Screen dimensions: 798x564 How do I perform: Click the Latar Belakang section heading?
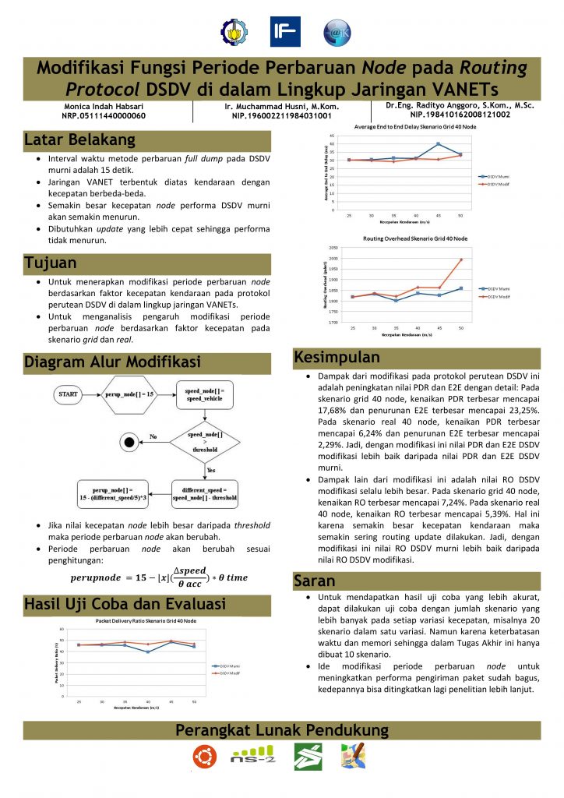80,140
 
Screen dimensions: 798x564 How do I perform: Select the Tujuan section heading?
51,263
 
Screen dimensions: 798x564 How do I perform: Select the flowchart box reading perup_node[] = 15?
129,395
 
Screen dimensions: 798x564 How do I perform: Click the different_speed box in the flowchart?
205,493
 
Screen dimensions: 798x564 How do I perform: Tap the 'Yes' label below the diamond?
210,471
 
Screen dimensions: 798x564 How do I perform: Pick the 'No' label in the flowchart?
154,436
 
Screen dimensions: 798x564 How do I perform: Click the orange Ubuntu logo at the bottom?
205,756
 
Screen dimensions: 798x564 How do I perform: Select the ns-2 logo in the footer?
252,756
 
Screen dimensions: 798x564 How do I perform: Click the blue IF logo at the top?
285,32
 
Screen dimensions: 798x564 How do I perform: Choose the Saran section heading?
315,581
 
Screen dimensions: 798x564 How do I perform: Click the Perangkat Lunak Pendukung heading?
281,730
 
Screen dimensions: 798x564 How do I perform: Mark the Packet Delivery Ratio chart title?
146,622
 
